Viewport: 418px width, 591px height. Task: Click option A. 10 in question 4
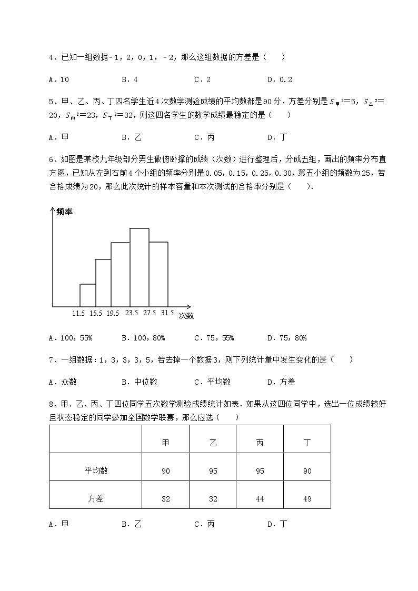pyautogui.click(x=58, y=79)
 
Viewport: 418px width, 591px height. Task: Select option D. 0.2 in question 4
pyautogui.click(x=280, y=79)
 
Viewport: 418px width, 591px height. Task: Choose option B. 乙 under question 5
pyautogui.click(x=132, y=137)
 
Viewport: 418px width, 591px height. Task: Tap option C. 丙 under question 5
pyautogui.click(x=204, y=137)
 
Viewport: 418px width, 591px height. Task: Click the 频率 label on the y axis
pyautogui.click(x=64, y=212)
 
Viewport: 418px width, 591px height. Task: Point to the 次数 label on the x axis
pyautogui.click(x=186, y=316)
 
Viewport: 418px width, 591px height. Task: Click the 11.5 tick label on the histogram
pyautogui.click(x=79, y=313)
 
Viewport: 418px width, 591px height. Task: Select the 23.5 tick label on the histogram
pyautogui.click(x=131, y=313)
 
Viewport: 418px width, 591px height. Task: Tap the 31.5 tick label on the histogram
pyautogui.click(x=167, y=313)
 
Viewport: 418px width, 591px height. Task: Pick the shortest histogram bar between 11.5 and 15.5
pyautogui.click(x=87, y=295)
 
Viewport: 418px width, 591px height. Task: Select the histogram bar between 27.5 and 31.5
pyautogui.click(x=158, y=274)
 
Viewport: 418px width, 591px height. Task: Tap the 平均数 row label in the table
pyautogui.click(x=96, y=470)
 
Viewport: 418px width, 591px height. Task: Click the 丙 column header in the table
pyautogui.click(x=260, y=443)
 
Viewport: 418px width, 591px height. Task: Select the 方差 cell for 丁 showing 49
pyautogui.click(x=307, y=498)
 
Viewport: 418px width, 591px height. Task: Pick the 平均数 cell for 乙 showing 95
pyautogui.click(x=213, y=470)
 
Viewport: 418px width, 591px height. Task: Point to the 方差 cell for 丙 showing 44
pyautogui.click(x=260, y=498)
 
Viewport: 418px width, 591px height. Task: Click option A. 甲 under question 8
pyautogui.click(x=58, y=524)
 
